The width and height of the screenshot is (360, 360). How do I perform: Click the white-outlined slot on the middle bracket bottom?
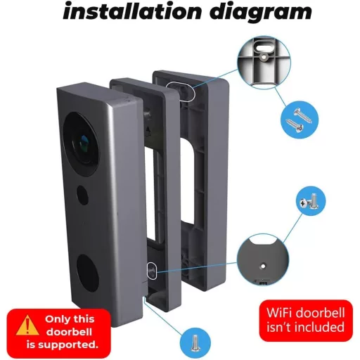151,271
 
